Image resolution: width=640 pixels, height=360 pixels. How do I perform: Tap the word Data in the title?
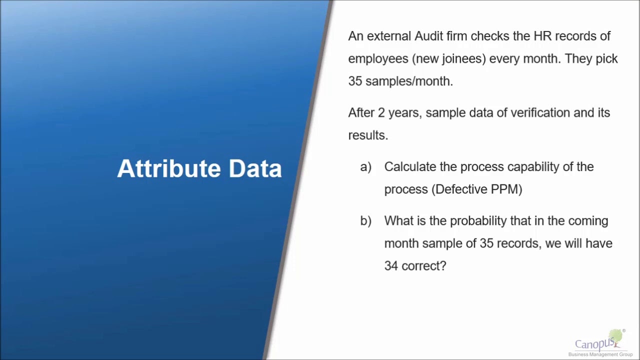coord(255,168)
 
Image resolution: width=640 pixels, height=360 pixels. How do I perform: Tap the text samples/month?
coord(409,81)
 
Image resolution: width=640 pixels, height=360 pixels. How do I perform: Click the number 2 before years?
coord(381,112)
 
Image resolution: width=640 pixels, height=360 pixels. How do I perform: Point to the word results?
coord(368,135)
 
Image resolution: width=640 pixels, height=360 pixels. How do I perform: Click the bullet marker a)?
coord(365,167)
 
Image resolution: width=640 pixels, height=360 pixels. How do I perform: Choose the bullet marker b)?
coord(365,221)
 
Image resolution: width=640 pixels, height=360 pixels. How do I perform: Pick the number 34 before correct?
coord(391,266)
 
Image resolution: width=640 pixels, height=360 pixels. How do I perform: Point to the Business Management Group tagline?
coord(600,354)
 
